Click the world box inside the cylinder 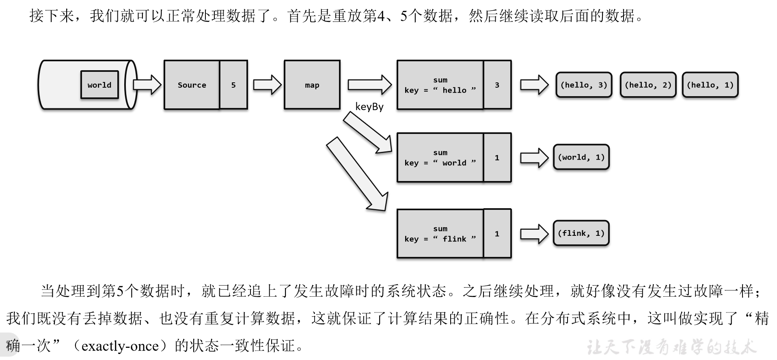[x=99, y=85]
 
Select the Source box [x=192, y=85]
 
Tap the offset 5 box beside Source [x=233, y=85]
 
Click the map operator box [x=312, y=85]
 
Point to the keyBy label [x=369, y=107]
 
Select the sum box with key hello [x=440, y=85]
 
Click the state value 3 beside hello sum [x=497, y=85]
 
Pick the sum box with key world [x=440, y=157]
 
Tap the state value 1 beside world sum [x=497, y=157]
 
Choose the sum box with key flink [x=440, y=234]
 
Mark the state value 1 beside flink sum [x=497, y=234]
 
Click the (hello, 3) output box [x=584, y=85]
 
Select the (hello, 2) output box [x=648, y=85]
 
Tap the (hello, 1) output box [x=710, y=85]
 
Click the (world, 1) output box [x=581, y=157]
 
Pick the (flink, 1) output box [x=581, y=233]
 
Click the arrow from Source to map [x=267, y=85]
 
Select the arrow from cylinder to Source [x=147, y=85]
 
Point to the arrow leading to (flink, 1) [x=534, y=234]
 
